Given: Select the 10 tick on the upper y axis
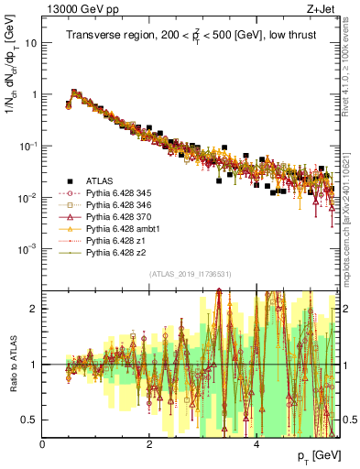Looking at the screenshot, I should [x=31, y=43].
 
